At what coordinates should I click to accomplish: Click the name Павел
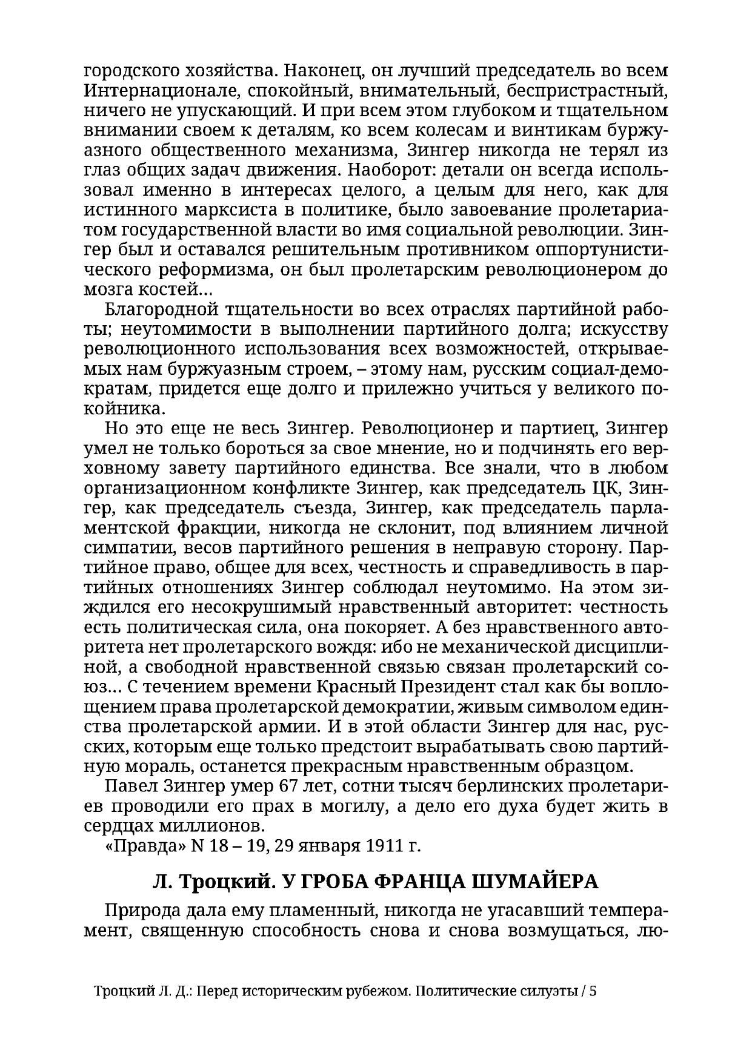click(131, 787)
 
